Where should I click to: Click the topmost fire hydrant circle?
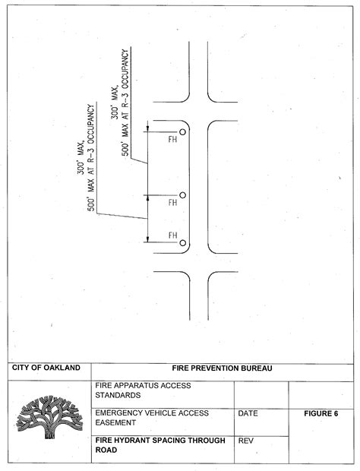[182, 132]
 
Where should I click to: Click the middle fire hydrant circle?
[182, 195]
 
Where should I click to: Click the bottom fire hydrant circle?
[182, 243]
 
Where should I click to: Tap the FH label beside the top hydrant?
[172, 139]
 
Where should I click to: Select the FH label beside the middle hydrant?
[172, 203]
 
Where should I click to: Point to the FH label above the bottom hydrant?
[172, 235]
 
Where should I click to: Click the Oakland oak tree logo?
[49, 416]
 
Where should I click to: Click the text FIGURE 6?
[321, 413]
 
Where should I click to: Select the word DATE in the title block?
[248, 413]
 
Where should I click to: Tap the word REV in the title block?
[245, 441]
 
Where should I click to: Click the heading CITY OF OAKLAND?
[46, 368]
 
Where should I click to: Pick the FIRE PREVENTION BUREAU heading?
[223, 368]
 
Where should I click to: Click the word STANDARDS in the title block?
[118, 395]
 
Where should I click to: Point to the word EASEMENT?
[115, 422]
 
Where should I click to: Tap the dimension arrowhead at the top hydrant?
[147, 129]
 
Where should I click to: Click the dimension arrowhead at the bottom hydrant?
[147, 239]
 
